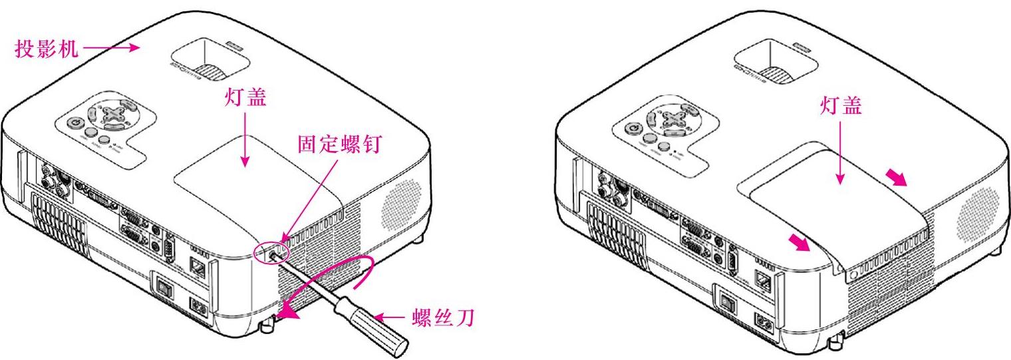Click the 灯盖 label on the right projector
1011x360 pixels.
click(841, 107)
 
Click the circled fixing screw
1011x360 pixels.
click(273, 253)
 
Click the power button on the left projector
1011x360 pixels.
click(74, 122)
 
